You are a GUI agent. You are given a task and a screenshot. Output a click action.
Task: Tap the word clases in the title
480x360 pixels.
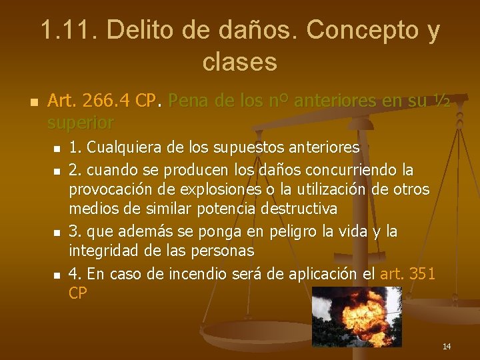pos(239,62)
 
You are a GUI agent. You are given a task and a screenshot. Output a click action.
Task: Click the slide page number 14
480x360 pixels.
pos(447,346)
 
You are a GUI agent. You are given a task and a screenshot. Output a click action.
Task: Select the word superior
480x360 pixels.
pos(81,123)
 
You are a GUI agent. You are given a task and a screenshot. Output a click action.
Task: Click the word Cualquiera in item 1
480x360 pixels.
pos(123,147)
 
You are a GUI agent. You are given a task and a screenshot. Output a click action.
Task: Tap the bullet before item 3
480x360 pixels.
pos(57,233)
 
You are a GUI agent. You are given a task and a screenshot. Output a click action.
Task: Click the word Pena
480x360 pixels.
pos(190,102)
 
